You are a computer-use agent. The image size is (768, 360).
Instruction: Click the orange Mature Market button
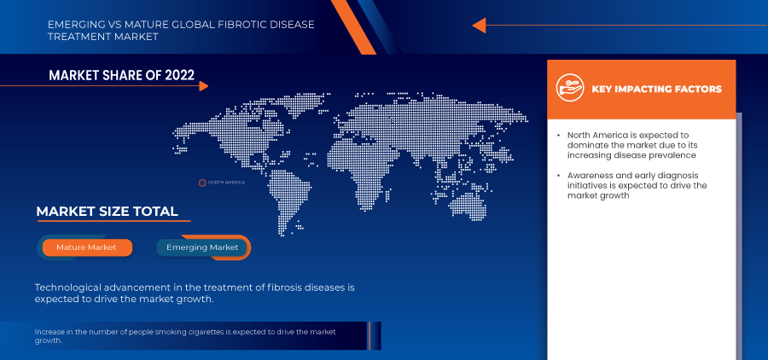point(84,247)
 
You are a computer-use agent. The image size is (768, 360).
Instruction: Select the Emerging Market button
point(202,247)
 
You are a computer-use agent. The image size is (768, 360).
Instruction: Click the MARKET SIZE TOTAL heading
point(107,212)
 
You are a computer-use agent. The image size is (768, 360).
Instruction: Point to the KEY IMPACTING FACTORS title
point(656,89)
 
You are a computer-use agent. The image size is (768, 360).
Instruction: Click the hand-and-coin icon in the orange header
point(569,88)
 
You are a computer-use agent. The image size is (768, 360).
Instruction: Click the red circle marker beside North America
point(202,183)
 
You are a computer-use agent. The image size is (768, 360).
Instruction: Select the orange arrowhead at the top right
point(479,26)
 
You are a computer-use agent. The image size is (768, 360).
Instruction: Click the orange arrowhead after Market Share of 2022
point(202,85)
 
